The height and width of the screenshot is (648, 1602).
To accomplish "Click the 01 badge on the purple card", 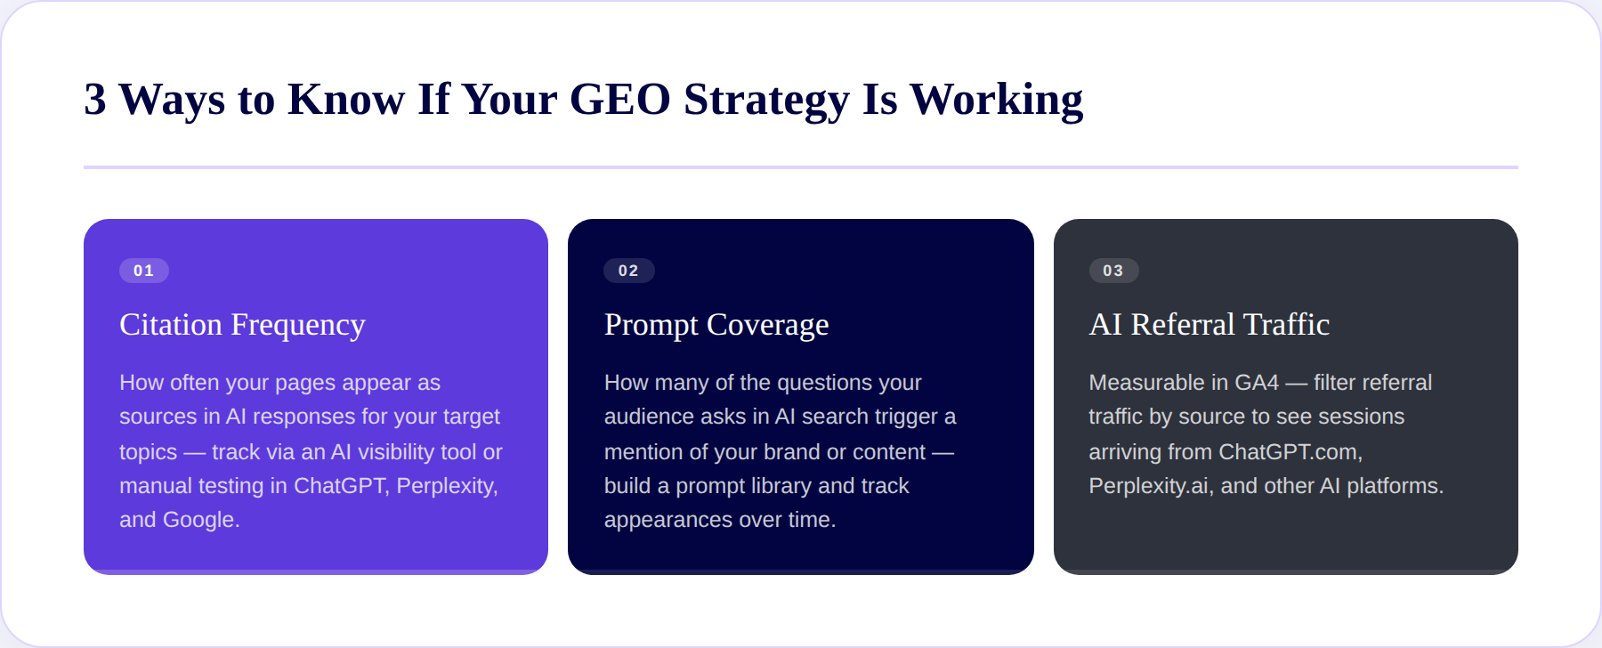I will (144, 271).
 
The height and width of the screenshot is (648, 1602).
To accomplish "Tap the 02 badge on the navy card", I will (628, 271).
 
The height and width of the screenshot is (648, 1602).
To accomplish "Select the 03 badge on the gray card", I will (1113, 271).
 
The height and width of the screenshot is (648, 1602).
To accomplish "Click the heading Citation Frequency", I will (242, 325).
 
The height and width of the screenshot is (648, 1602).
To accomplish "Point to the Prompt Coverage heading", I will (716, 325).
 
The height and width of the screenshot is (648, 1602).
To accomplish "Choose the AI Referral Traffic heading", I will (1209, 325).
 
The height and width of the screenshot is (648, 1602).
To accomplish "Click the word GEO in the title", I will (619, 99).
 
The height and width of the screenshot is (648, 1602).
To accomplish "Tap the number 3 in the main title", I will (94, 99).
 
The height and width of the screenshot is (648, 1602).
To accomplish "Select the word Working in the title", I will (996, 99).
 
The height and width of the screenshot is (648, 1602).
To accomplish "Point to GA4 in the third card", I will (1257, 383).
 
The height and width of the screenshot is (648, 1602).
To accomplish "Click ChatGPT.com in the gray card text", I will (1290, 452).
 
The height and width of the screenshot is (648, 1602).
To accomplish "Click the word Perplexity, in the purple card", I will (447, 486).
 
